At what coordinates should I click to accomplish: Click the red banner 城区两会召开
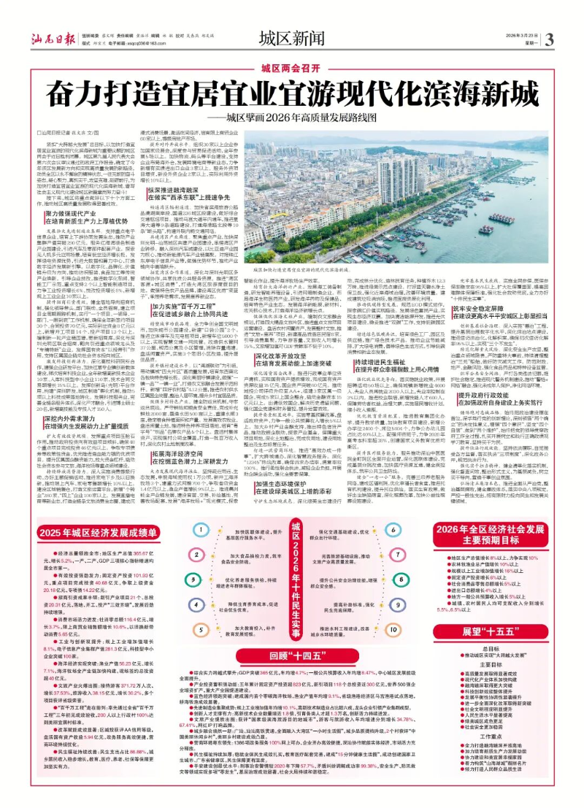tap(292, 68)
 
